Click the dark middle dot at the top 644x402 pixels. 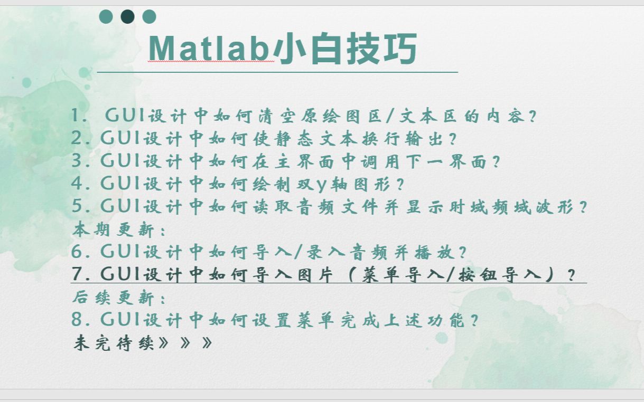coord(128,16)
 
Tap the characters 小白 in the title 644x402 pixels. coord(307,48)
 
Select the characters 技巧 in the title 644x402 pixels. coord(381,48)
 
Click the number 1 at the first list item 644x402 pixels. coord(76,115)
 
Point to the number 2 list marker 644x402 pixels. coord(77,138)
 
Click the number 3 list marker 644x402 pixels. coord(77,160)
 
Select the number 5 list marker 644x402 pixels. coord(77,206)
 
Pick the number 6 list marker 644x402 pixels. coord(77,251)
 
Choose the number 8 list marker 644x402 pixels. coord(77,319)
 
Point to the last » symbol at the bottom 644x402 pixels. coord(207,342)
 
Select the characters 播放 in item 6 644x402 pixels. coord(434,253)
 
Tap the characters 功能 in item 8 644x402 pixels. coord(446,320)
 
